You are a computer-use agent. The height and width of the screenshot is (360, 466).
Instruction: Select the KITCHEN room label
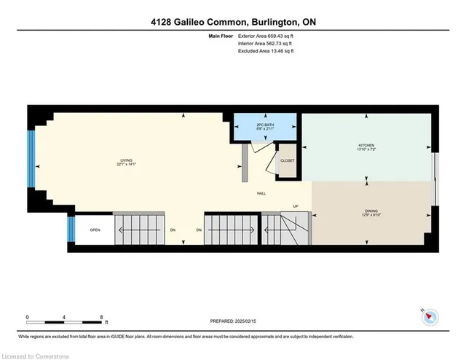click(x=366, y=147)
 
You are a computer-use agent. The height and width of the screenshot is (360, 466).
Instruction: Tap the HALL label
click(x=260, y=193)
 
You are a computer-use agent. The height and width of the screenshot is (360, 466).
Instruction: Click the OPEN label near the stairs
click(x=95, y=230)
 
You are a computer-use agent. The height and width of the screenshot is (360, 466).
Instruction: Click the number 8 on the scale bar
click(x=101, y=317)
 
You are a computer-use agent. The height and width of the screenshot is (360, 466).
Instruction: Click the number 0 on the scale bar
click(x=27, y=317)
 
